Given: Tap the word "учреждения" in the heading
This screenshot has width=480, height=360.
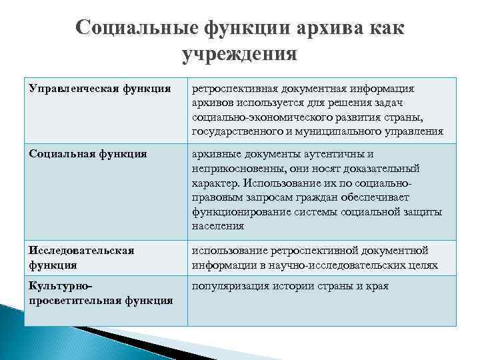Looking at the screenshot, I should click(239, 53).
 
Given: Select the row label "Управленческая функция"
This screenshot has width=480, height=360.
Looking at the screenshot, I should click(99, 89).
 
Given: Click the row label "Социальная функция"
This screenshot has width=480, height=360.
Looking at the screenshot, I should click(87, 153).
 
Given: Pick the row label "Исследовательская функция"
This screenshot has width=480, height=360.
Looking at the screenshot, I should click(81, 257).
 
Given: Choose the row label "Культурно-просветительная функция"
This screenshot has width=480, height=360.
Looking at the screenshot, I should click(99, 293).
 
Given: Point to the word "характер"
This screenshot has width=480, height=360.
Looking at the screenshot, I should click(215, 183).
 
